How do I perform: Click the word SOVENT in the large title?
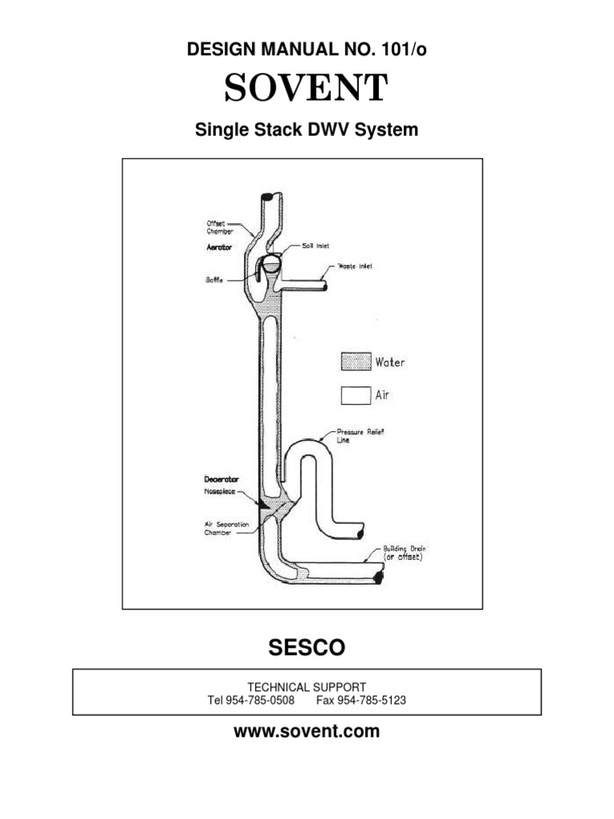(306, 89)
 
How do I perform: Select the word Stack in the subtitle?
(305, 130)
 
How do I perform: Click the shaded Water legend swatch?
(357, 362)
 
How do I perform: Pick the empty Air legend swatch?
(357, 394)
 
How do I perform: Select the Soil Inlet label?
(317, 246)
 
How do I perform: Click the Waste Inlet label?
(354, 266)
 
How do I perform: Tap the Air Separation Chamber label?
(226, 528)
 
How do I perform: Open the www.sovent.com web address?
(306, 731)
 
